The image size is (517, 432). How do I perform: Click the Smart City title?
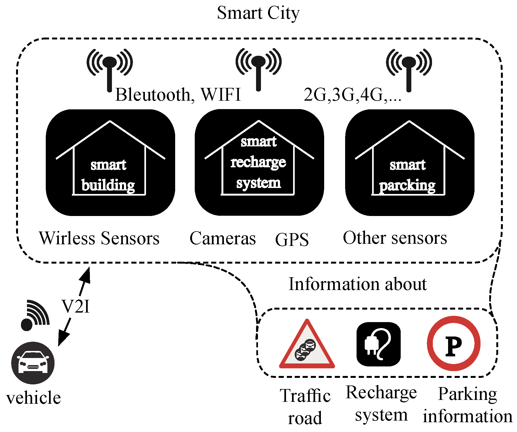(x=258, y=13)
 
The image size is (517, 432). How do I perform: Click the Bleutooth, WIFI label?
(x=178, y=95)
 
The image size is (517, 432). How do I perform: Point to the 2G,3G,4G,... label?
(x=352, y=95)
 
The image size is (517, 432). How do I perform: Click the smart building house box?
(x=110, y=163)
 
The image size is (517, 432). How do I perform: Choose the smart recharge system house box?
(x=259, y=163)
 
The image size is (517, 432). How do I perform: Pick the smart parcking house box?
(x=409, y=163)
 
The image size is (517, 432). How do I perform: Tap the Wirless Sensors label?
(x=99, y=238)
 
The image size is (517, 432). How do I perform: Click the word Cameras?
(x=223, y=238)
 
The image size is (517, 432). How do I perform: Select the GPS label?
(x=292, y=239)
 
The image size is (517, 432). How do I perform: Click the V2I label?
(x=75, y=307)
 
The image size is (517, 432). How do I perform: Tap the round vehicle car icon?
(x=33, y=363)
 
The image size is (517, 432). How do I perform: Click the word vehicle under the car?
(x=34, y=398)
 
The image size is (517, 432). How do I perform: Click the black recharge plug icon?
(x=378, y=344)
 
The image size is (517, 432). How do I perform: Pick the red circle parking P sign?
(x=454, y=343)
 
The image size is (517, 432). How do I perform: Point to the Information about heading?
(x=357, y=284)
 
